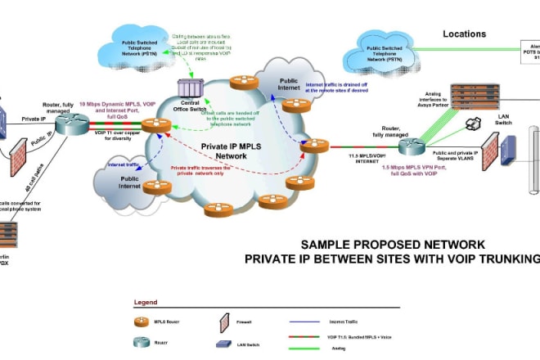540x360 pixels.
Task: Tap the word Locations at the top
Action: [465, 34]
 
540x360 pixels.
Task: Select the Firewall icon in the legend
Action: [223, 321]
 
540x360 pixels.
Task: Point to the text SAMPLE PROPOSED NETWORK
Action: [393, 244]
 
